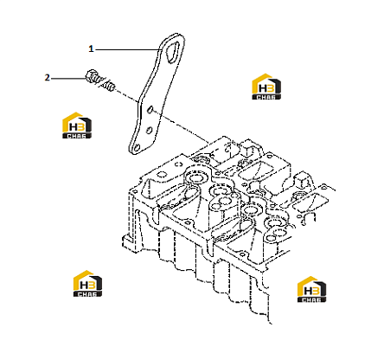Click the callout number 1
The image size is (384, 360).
tap(91, 49)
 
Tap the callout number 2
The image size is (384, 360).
tap(47, 78)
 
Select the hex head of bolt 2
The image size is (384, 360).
tap(92, 76)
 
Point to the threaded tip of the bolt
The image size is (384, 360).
tap(110, 87)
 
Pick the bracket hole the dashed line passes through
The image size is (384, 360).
tap(150, 110)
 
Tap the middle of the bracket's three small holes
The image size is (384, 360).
tap(149, 130)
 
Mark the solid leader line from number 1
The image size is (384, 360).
tap(128, 49)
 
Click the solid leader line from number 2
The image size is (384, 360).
tap(68, 78)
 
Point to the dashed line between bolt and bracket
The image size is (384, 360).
tap(127, 96)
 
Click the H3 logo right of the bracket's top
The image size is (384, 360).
tap(266, 87)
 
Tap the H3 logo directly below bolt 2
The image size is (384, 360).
tap(77, 125)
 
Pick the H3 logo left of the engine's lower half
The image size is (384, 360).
tap(87, 284)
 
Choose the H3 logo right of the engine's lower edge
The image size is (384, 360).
tap(311, 289)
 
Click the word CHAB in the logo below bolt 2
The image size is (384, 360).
tap(77, 136)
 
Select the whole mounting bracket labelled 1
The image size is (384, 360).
tap(157, 93)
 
